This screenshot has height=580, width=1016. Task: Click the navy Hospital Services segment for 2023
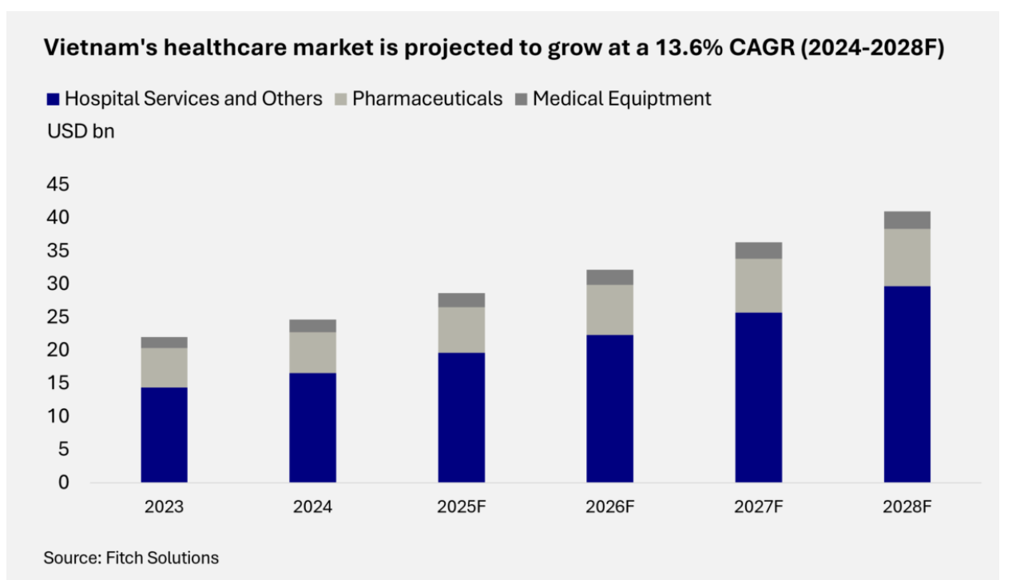(164, 435)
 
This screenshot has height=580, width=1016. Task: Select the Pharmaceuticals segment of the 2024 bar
(312, 352)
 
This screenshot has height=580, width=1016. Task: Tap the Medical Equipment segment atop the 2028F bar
(907, 220)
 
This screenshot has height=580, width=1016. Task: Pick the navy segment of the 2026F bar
(609, 408)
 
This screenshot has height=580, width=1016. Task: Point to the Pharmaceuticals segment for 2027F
(758, 285)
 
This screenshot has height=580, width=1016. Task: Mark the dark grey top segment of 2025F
(461, 300)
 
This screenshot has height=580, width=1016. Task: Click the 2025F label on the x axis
(461, 507)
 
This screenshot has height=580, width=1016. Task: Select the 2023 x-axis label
(164, 507)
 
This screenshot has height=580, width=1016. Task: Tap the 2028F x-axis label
(907, 507)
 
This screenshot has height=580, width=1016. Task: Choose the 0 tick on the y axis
(63, 483)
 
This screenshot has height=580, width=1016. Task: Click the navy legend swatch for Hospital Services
(54, 99)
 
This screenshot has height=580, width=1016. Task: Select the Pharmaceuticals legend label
(427, 99)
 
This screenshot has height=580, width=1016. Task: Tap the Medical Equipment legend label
(621, 99)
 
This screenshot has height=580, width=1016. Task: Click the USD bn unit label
(81, 132)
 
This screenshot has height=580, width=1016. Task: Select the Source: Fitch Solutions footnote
(131, 558)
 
